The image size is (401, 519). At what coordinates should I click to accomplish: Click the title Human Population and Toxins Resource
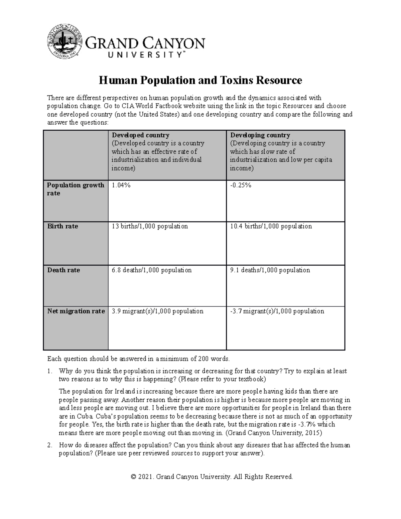point(200,81)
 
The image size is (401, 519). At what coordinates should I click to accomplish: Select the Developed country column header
point(140,135)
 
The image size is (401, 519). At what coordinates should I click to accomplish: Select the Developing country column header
point(260,135)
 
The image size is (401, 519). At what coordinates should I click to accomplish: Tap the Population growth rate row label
point(76,189)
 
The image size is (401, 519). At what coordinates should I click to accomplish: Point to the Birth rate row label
point(62,226)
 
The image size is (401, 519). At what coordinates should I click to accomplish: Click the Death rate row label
point(63,270)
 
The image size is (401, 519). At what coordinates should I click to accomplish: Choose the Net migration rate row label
point(76,311)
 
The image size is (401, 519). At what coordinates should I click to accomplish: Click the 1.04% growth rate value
point(121,185)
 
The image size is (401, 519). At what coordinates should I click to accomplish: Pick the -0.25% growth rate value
point(241,185)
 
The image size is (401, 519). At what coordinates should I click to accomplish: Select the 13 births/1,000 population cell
point(150,226)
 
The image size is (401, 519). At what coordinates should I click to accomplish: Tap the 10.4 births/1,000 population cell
point(271,226)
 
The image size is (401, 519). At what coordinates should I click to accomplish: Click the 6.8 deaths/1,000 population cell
point(152,270)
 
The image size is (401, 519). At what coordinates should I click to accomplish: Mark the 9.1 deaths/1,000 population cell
point(270,270)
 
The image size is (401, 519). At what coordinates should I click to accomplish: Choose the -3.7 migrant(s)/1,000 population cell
point(277,311)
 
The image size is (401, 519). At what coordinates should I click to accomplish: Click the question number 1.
point(49,371)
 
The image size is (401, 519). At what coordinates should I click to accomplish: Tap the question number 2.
point(49,445)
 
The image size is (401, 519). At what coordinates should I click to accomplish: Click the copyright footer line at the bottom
point(212,477)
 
